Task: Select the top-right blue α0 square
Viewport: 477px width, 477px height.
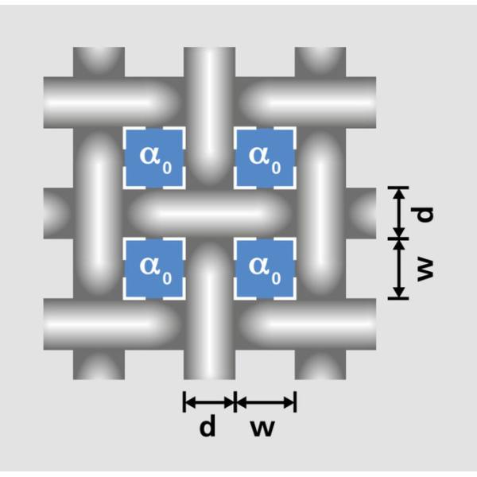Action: [x=265, y=157]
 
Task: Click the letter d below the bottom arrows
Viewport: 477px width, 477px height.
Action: [x=207, y=428]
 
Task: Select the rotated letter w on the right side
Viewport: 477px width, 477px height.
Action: [x=426, y=269]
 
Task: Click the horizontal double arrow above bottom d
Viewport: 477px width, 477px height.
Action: [x=209, y=402]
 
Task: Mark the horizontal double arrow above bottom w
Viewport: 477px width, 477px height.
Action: [x=266, y=402]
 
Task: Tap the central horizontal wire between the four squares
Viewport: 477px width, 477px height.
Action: [x=210, y=213]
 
